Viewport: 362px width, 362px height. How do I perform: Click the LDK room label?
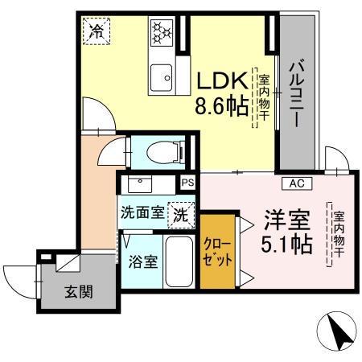coord(219,81)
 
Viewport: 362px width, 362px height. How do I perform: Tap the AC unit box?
coord(295,183)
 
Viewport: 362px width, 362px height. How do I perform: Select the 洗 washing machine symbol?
coord(183,215)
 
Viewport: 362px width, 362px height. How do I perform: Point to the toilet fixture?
coord(165,150)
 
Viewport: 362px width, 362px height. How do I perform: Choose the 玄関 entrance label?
coord(79,290)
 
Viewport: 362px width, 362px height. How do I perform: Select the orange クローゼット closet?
coord(218,251)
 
